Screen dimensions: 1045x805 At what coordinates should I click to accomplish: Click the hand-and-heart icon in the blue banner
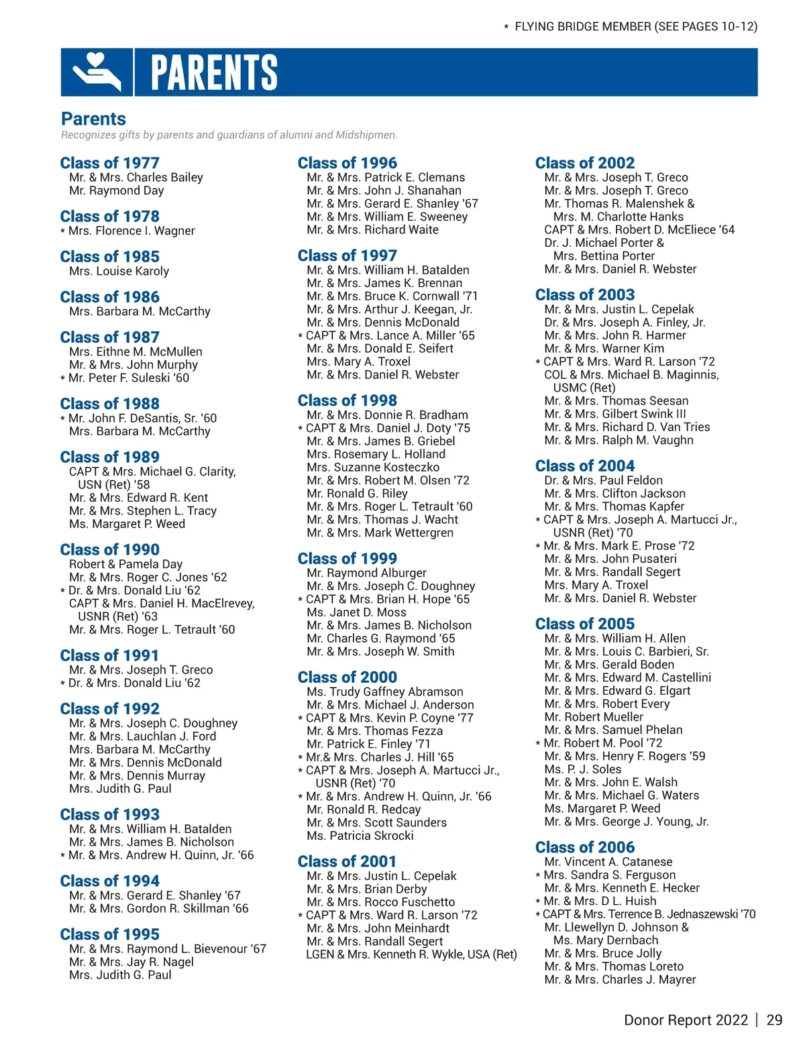(97, 72)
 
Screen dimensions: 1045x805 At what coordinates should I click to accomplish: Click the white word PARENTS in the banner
(214, 72)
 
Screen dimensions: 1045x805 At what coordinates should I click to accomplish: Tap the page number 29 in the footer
(774, 1020)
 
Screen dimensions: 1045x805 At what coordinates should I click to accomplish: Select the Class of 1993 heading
(110, 814)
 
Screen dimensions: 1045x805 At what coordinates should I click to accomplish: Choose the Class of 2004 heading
(585, 465)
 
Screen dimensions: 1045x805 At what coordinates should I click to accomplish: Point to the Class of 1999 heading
(347, 558)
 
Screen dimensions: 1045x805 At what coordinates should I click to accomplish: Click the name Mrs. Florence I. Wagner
(131, 231)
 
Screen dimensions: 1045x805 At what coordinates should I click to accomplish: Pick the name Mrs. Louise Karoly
(119, 271)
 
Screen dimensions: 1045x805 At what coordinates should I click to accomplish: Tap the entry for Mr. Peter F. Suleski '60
(129, 378)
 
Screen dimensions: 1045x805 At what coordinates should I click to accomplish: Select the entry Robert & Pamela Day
(125, 564)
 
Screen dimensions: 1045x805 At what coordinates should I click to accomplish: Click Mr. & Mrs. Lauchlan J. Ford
(142, 736)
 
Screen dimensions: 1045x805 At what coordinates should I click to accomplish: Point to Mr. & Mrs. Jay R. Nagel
(131, 961)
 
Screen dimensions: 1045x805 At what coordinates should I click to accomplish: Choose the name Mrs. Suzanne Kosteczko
(373, 467)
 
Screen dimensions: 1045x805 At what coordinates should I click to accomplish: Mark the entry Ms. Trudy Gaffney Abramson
(385, 692)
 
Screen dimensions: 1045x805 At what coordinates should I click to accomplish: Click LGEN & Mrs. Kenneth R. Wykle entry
(411, 954)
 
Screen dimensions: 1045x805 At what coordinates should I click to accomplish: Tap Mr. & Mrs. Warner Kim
(604, 348)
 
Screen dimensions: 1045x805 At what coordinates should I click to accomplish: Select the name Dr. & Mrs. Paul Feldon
(604, 480)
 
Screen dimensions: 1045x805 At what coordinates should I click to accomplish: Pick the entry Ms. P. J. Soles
(583, 769)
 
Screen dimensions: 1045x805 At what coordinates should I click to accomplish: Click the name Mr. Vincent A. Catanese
(608, 861)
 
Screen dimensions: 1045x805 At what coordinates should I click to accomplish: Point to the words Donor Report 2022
(686, 1020)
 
